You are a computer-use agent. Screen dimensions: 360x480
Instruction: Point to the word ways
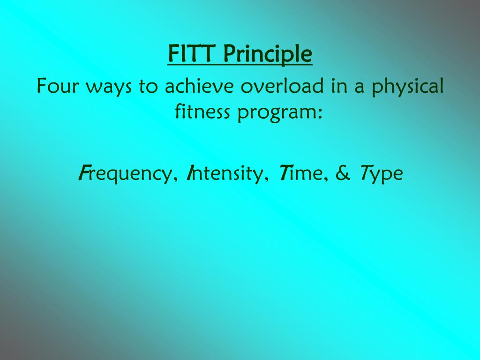coord(111,88)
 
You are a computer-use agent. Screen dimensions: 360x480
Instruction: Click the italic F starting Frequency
coord(82,173)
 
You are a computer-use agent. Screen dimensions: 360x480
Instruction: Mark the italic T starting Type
coord(364,173)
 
